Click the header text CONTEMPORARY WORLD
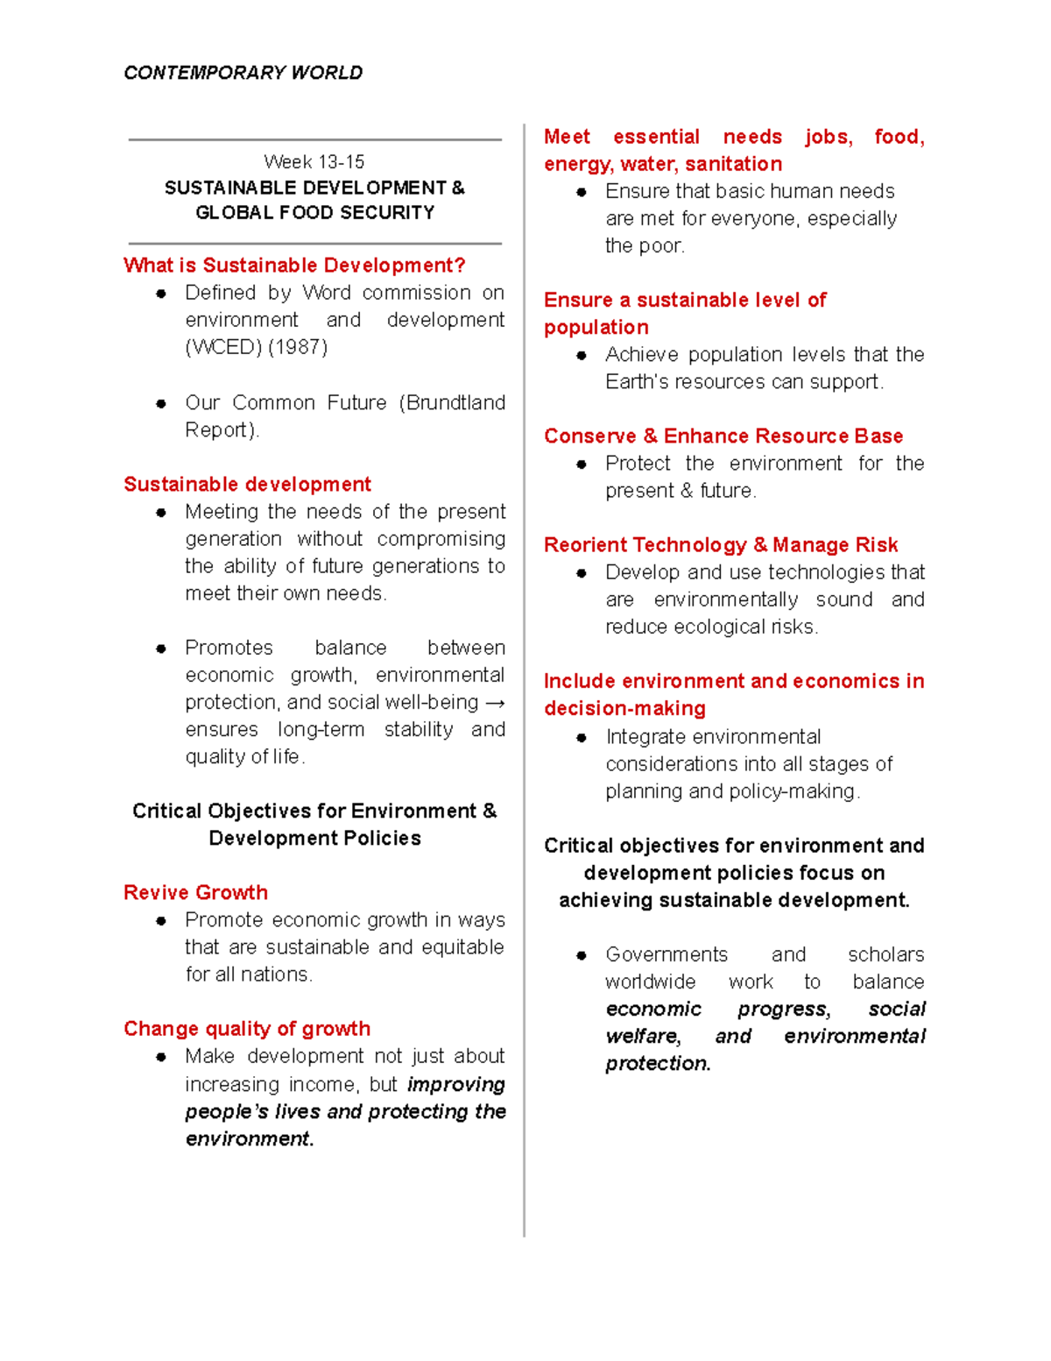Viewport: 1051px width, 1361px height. [x=243, y=73]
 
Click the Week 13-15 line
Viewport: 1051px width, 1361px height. [x=314, y=162]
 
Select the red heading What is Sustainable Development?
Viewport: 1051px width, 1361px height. [x=294, y=266]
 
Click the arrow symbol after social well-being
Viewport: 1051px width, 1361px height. [x=494, y=703]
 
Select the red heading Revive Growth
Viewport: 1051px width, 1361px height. [x=195, y=892]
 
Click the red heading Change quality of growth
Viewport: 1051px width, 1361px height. [x=247, y=1029]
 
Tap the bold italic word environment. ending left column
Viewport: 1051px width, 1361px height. [x=249, y=1139]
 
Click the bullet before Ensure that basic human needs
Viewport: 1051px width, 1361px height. [x=582, y=192]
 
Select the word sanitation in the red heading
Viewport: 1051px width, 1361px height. [x=733, y=164]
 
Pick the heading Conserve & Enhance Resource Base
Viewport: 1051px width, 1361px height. [x=723, y=436]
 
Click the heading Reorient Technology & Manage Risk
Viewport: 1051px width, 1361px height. [x=720, y=545]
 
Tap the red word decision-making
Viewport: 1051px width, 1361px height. [x=624, y=708]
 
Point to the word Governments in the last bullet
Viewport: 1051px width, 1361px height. [x=666, y=954]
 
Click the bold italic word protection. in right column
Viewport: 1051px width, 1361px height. [x=658, y=1064]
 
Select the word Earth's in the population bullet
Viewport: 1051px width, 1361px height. [x=637, y=382]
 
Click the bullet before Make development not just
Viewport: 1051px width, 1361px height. [x=161, y=1057]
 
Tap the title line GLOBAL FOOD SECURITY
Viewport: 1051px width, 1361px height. [x=314, y=213]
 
